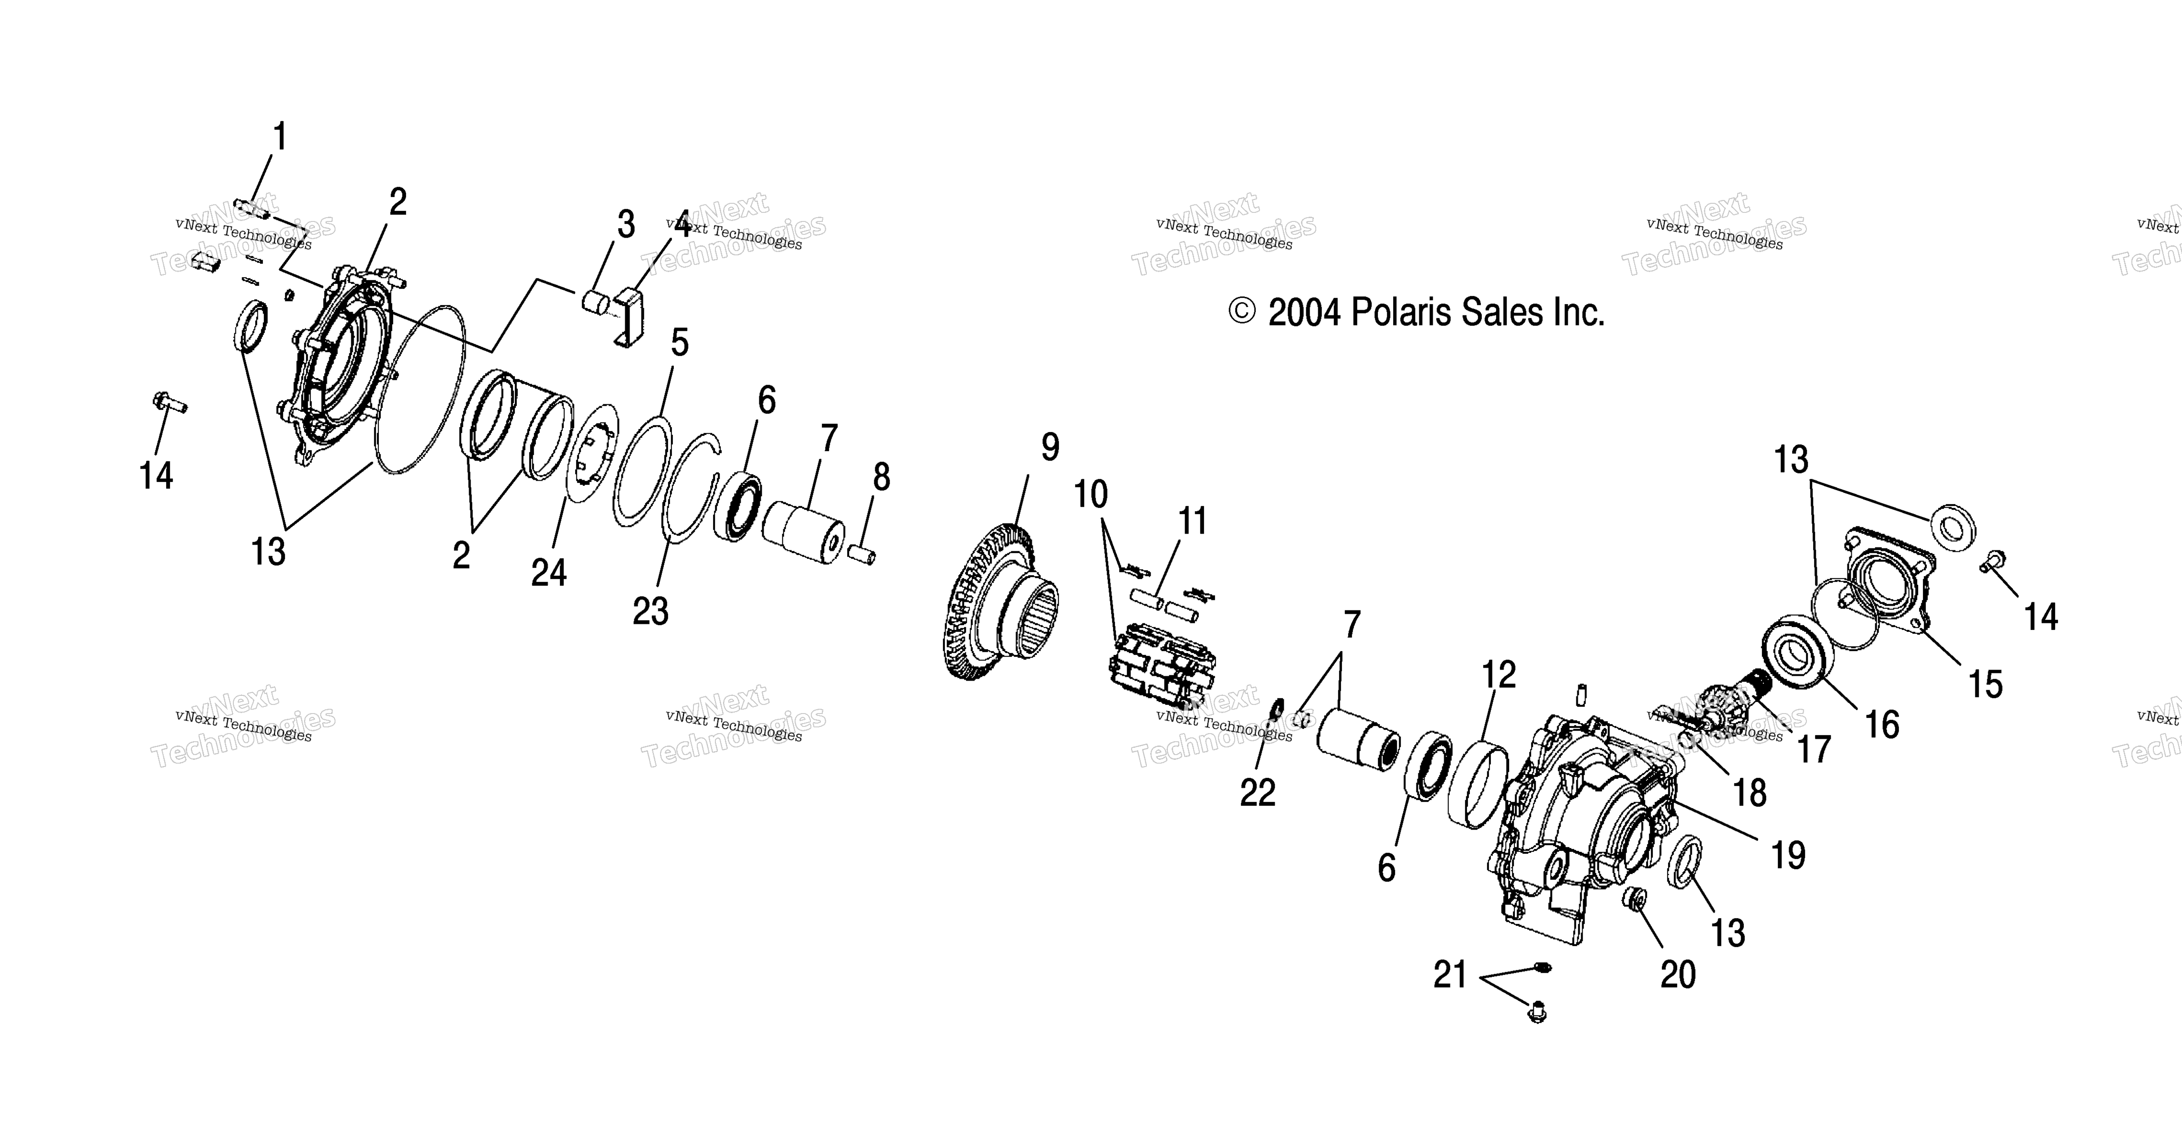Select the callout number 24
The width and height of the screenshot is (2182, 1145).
click(x=549, y=573)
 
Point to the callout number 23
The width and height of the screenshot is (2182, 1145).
click(x=650, y=610)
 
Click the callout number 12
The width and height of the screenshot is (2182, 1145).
click(x=1499, y=675)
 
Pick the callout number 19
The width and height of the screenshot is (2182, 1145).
click(x=1788, y=855)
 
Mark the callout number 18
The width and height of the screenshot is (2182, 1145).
click(x=1750, y=794)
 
